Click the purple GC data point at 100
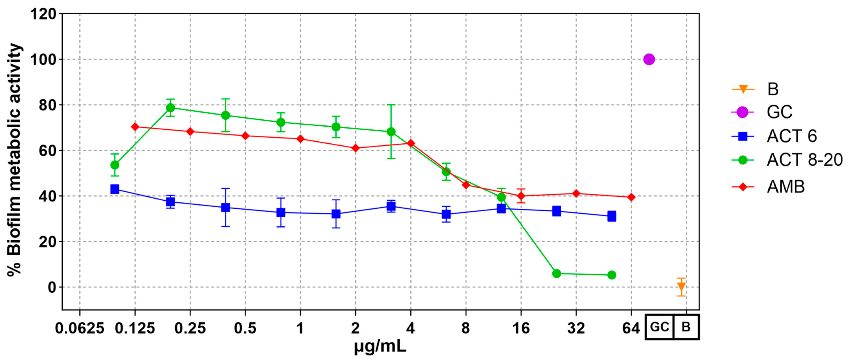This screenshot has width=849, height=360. pyautogui.click(x=649, y=59)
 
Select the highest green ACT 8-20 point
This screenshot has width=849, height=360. pyautogui.click(x=170, y=108)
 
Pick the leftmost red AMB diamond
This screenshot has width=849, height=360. pyautogui.click(x=135, y=127)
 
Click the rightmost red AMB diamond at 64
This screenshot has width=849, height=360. pyautogui.click(x=631, y=197)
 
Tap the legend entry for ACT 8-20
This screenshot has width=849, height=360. pyautogui.click(x=804, y=160)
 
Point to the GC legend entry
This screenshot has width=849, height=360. pyautogui.click(x=779, y=112)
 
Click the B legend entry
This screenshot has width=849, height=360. pyautogui.click(x=773, y=89)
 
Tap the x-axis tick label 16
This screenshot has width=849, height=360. pyautogui.click(x=521, y=328)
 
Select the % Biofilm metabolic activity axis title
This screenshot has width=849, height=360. pyautogui.click(x=15, y=160)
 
